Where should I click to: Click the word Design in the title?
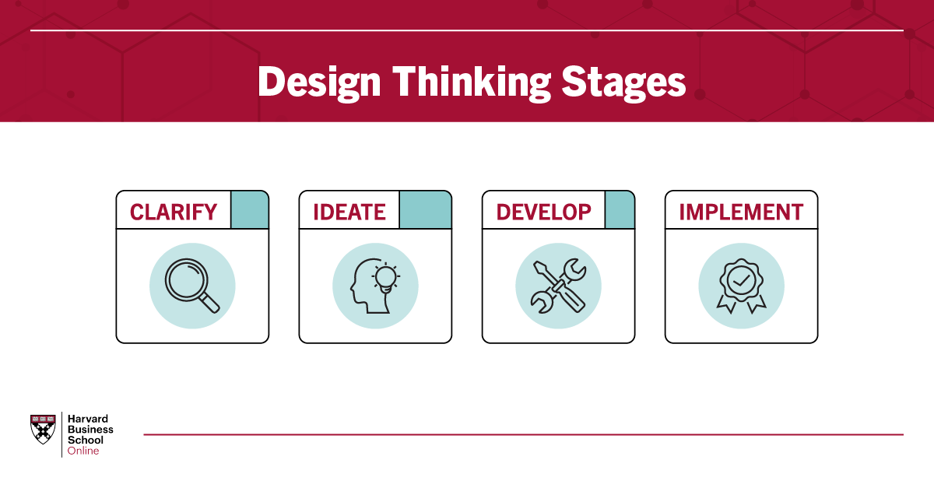tap(319, 83)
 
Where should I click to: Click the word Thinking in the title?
tap(472, 83)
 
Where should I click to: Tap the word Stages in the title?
tap(623, 83)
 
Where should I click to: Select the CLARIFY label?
tap(174, 212)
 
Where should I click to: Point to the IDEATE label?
tap(349, 212)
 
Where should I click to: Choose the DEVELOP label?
tap(544, 212)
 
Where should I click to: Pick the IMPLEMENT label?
tap(741, 212)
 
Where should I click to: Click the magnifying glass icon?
tap(192, 286)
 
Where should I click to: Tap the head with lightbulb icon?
tap(375, 286)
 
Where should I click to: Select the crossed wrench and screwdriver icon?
tap(558, 286)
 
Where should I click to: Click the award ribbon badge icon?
tap(741, 286)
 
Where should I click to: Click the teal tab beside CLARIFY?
tap(250, 209)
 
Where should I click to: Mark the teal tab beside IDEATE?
tap(425, 209)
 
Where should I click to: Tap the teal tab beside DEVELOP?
tap(620, 209)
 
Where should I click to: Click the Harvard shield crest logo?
tap(43, 429)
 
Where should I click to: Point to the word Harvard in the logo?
tap(87, 419)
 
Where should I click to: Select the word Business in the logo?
tap(90, 429)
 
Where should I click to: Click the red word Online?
tap(83, 451)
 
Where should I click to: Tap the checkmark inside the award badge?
tap(741, 282)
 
